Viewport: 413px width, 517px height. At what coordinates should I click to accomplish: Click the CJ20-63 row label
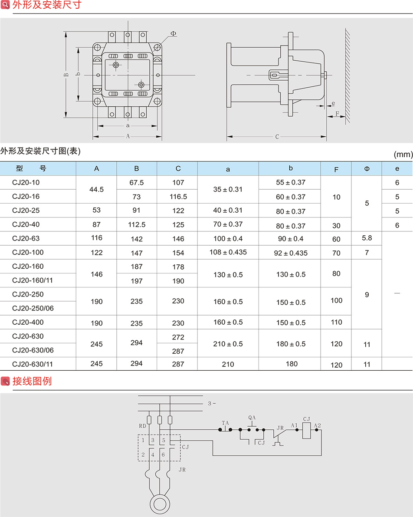[x=26, y=238]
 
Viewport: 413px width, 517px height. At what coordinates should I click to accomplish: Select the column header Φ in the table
[x=367, y=169]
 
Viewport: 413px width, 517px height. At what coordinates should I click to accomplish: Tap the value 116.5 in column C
[x=178, y=197]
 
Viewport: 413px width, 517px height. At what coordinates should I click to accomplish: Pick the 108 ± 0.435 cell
[x=228, y=252]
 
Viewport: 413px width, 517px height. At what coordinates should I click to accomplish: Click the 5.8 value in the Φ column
[x=367, y=238]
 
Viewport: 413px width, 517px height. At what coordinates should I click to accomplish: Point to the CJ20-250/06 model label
[x=33, y=308]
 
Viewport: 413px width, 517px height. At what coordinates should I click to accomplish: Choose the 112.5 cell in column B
[x=137, y=224]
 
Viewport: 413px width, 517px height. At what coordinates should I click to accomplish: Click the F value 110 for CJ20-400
[x=336, y=322]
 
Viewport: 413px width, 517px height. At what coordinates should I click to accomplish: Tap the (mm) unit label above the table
[x=403, y=154]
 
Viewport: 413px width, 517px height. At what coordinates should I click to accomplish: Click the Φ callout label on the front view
[x=174, y=33]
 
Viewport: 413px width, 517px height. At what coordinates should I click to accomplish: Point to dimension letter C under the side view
[x=277, y=136]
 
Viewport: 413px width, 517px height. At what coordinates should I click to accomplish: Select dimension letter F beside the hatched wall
[x=337, y=114]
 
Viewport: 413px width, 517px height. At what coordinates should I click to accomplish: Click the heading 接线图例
[x=32, y=381]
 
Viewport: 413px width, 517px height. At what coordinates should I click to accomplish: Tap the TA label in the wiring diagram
[x=225, y=423]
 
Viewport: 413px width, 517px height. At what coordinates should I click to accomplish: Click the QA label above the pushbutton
[x=252, y=418]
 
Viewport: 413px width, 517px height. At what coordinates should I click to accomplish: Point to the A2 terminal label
[x=317, y=426]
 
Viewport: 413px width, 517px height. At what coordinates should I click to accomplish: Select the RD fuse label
[x=142, y=426]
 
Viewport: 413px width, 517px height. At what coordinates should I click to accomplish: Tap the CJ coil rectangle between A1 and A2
[x=307, y=430]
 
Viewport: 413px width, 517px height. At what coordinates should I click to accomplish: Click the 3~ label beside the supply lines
[x=212, y=403]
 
